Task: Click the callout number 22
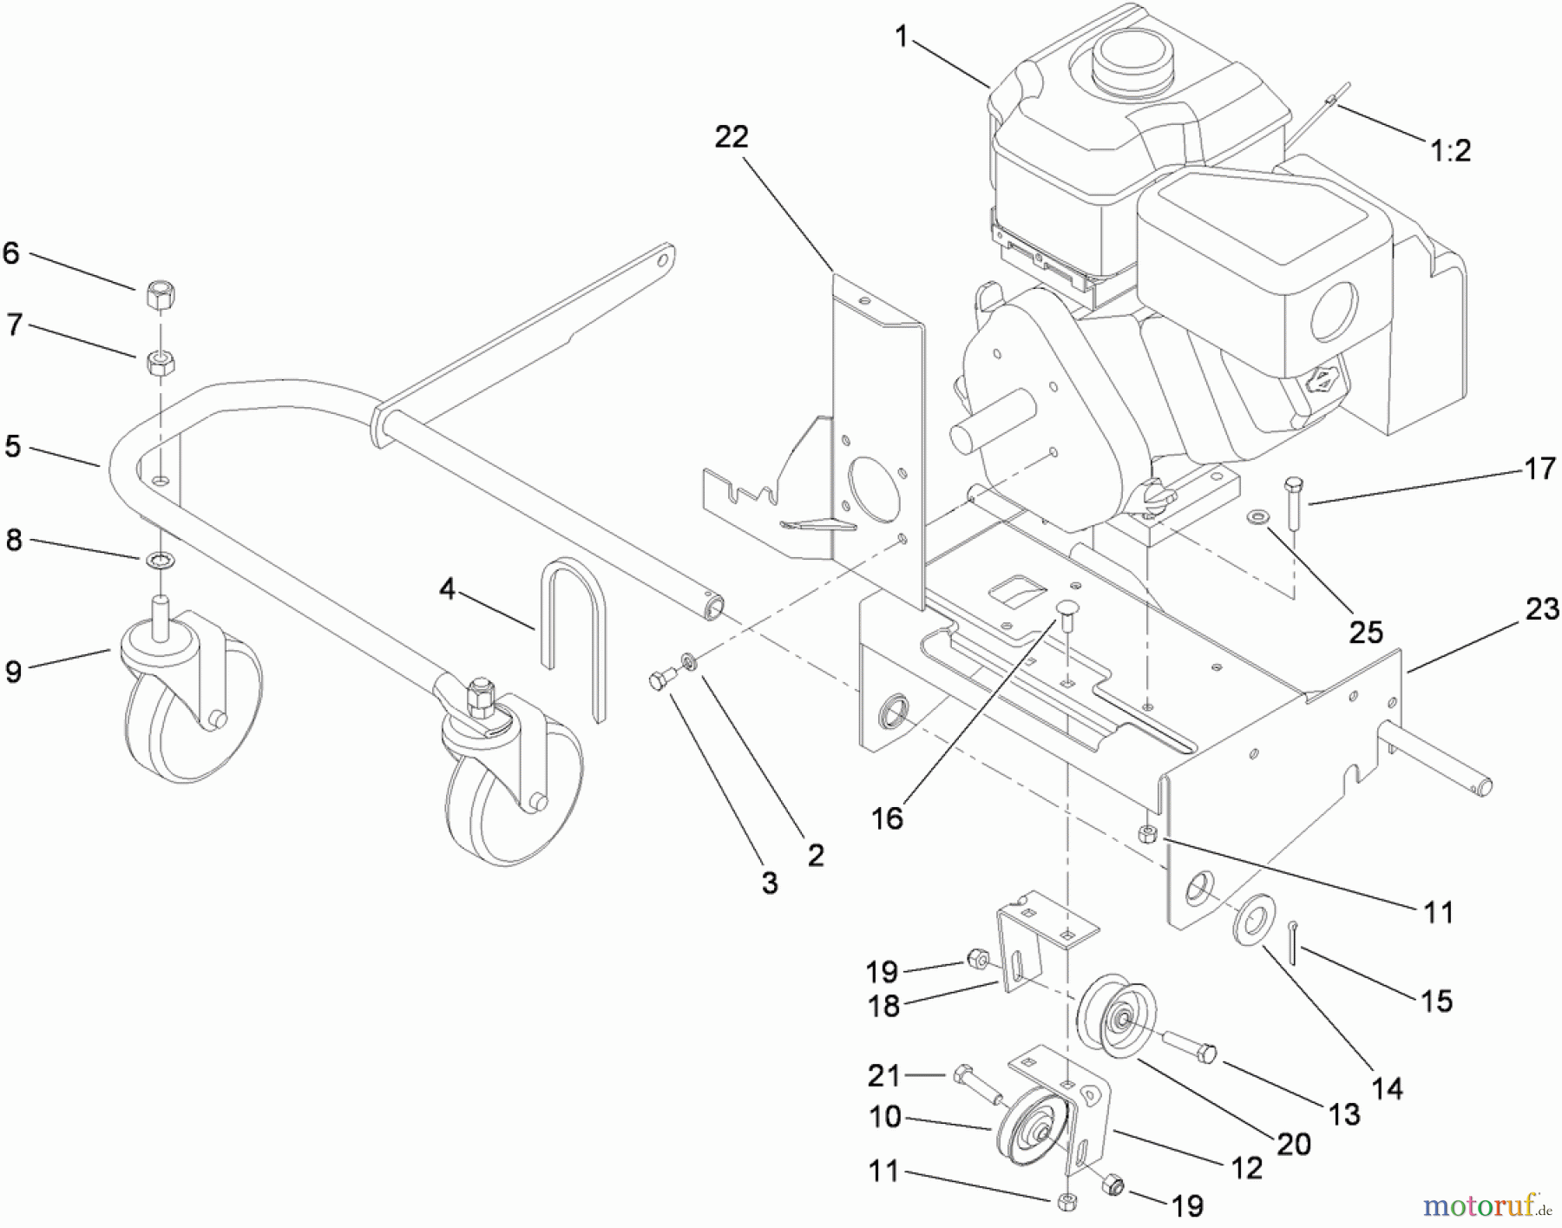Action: (x=731, y=137)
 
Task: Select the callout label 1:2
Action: (x=1450, y=151)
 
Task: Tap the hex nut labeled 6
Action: (x=161, y=295)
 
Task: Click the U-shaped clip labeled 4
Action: (x=573, y=634)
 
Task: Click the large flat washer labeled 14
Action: (x=1253, y=918)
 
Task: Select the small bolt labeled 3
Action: (x=661, y=680)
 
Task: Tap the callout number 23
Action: (x=1541, y=609)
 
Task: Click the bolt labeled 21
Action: (x=975, y=1083)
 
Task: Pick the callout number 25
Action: (x=1364, y=632)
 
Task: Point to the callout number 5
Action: (x=13, y=446)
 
